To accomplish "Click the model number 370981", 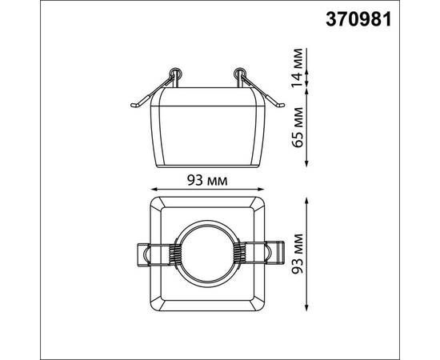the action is pos(358,20).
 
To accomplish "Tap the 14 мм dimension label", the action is pos(298,68).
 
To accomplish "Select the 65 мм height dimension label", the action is pos(298,127).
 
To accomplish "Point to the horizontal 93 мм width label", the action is pos(207,181).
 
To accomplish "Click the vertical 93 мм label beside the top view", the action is pos(298,254).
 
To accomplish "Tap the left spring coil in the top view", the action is pos(173,254).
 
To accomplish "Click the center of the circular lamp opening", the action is pos(207,254).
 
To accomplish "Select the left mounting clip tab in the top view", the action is pos(144,254).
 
